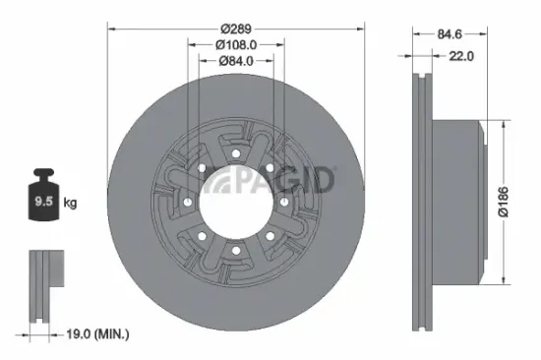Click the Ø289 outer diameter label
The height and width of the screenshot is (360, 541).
pos(236,28)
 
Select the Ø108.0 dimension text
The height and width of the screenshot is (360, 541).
pos(236,44)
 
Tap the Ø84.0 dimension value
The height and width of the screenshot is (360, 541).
pos(236,61)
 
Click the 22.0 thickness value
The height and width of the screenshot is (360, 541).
pos(461,56)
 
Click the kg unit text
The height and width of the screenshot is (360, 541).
pos(70,204)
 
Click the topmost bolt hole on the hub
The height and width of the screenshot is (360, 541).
pos(236,153)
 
